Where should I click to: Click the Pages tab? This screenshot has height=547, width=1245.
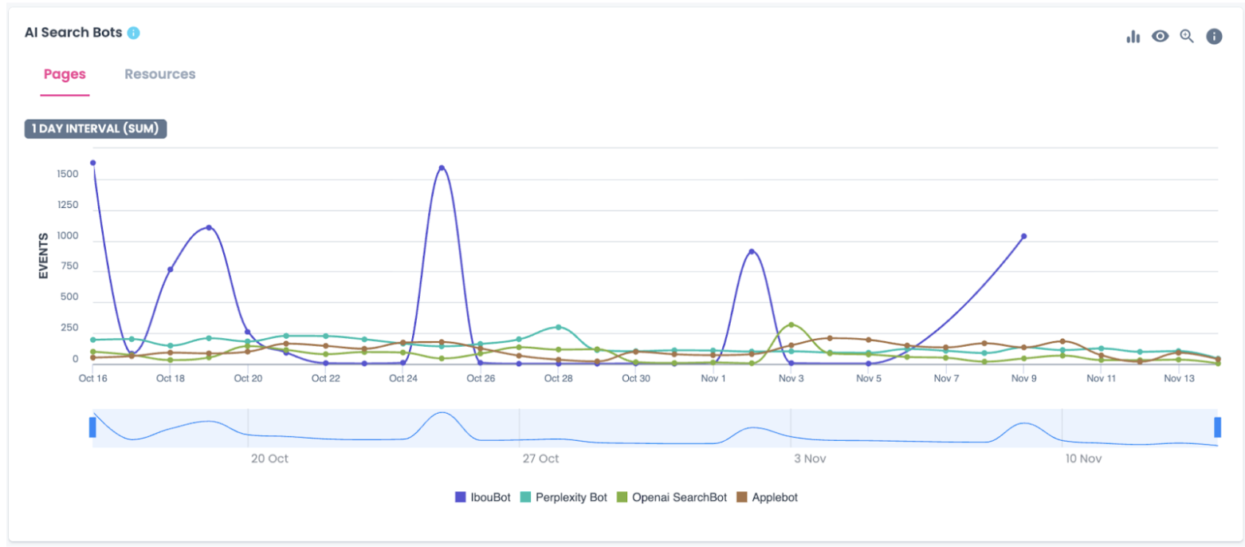coord(65,74)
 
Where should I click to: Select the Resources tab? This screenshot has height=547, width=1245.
coord(159,74)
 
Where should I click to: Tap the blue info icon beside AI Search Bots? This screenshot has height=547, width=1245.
coord(133,33)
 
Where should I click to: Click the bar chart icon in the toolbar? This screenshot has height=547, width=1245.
coord(1133,37)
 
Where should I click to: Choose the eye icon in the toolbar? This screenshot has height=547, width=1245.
coord(1160,36)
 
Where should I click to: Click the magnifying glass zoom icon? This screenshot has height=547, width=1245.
coord(1187,36)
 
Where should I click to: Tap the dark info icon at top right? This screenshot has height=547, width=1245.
coord(1213,36)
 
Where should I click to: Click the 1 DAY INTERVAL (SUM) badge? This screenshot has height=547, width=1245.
coord(96,128)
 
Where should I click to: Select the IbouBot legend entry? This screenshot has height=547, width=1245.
coord(481,497)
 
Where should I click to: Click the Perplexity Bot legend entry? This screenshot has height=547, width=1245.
coord(564,497)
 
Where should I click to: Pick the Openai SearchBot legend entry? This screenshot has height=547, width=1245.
coord(672,497)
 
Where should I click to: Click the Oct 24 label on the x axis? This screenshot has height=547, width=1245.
coord(403,379)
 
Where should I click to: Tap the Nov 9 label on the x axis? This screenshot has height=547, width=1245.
coord(1024,379)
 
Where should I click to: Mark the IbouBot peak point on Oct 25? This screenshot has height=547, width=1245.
coord(442,168)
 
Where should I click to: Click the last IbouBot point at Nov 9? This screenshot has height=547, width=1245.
coord(1024,236)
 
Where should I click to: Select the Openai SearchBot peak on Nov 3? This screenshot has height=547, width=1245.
coord(791,325)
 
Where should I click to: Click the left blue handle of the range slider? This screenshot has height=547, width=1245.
coord(92,427)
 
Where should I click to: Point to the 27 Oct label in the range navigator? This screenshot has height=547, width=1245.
coord(540,458)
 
